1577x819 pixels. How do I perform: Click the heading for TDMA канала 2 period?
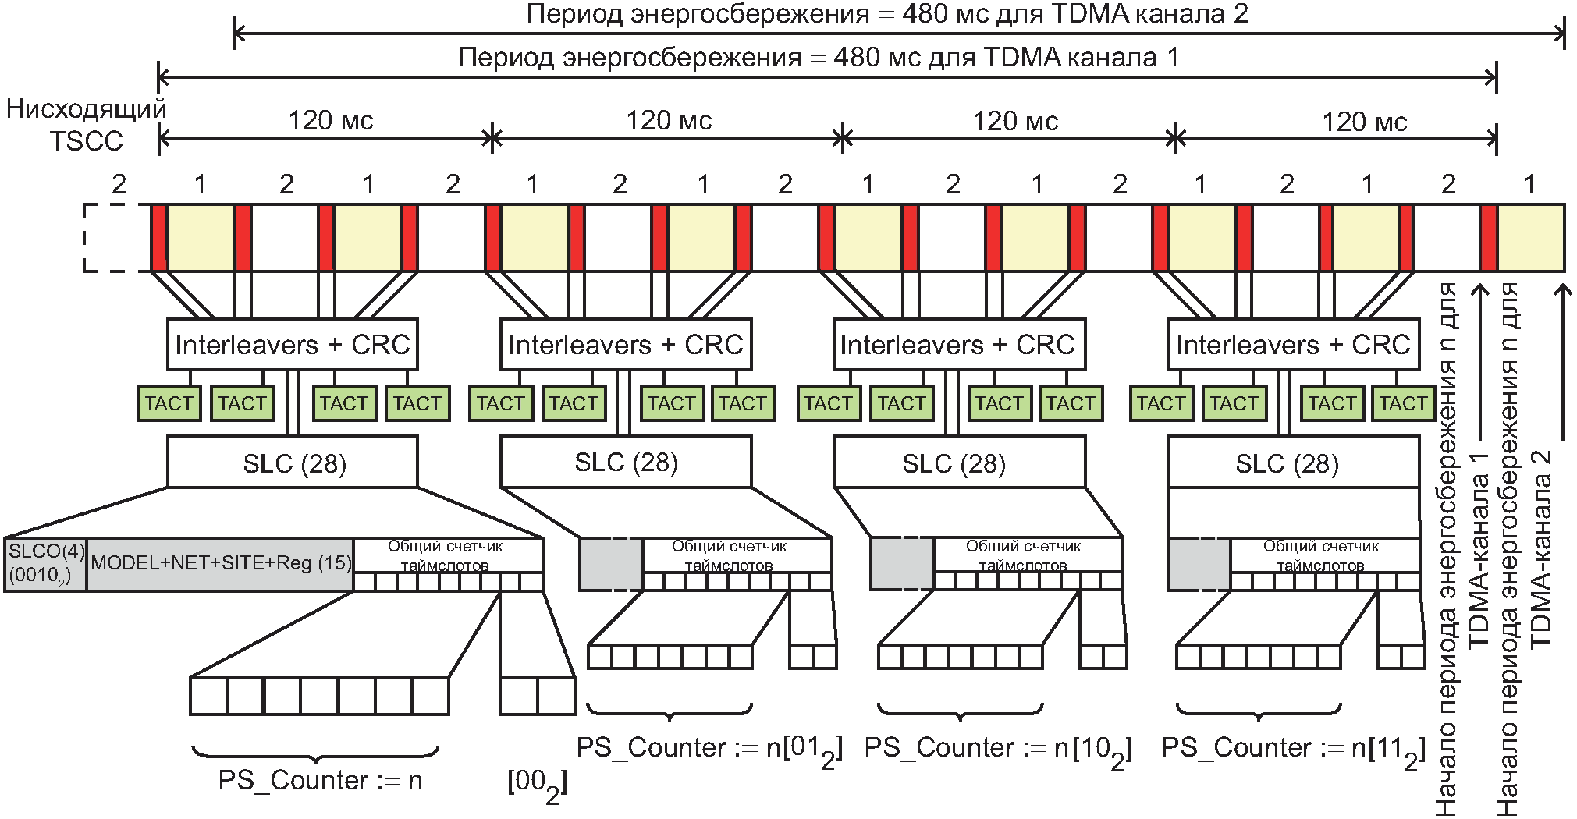(x=887, y=15)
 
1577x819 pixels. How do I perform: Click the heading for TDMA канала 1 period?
(x=819, y=58)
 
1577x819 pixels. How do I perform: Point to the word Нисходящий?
(x=86, y=108)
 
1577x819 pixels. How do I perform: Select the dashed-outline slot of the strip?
(x=117, y=238)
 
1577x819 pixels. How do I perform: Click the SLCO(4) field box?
(x=45, y=564)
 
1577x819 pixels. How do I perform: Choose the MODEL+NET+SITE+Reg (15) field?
(x=220, y=564)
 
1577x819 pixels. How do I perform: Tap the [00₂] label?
(x=537, y=782)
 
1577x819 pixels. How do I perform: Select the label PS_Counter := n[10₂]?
(x=998, y=750)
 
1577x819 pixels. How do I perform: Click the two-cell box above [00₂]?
(x=538, y=697)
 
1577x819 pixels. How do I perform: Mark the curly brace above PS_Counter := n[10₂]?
(x=961, y=710)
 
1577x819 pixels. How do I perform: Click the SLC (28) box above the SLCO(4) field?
(x=293, y=462)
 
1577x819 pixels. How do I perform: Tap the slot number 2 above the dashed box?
(x=119, y=185)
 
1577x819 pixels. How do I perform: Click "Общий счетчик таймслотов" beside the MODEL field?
(x=446, y=555)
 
